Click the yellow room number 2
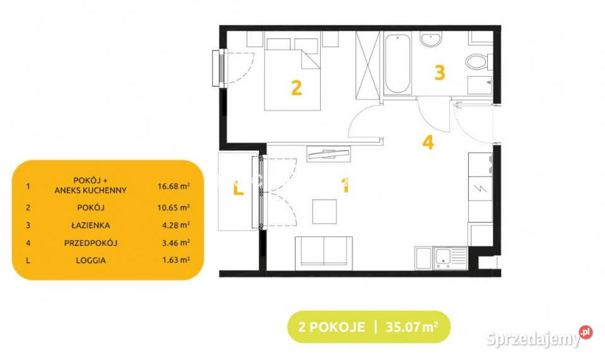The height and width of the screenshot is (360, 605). point(296,88)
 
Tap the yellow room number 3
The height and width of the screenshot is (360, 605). point(440,73)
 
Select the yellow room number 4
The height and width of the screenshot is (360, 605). point(428,142)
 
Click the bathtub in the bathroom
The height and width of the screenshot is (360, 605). point(398,64)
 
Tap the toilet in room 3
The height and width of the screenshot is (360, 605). point(478,62)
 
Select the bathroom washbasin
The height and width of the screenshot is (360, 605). point(430,40)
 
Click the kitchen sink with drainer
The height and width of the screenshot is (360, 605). point(451,258)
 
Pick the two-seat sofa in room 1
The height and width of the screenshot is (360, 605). point(324,253)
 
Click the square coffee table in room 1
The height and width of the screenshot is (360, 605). point(325,211)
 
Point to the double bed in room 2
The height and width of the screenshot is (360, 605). point(292,74)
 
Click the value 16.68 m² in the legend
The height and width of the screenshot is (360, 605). point(174,187)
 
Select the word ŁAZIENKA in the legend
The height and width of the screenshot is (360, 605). point(91,225)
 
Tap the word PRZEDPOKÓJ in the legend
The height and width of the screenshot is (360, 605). point(91,243)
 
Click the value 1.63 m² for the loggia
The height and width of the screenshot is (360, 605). point(176,260)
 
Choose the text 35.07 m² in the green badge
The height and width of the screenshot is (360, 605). point(412,327)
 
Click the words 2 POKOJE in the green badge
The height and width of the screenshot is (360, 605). point(331,327)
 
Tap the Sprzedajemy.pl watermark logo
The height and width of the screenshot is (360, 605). point(539,338)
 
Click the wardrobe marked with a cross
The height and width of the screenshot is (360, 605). point(367,65)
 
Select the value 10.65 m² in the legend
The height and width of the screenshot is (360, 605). point(174,207)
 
